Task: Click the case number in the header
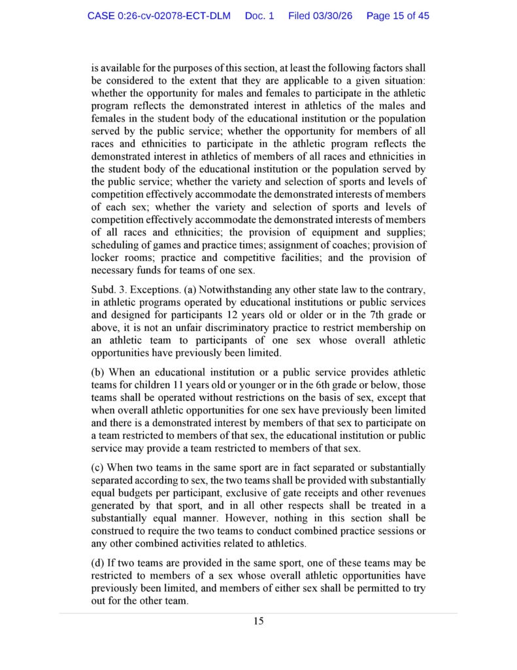[159, 16]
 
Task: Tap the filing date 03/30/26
[320, 16]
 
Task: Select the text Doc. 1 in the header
[259, 16]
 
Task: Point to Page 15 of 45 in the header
[397, 16]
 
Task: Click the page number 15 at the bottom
[259, 621]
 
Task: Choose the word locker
[106, 258]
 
